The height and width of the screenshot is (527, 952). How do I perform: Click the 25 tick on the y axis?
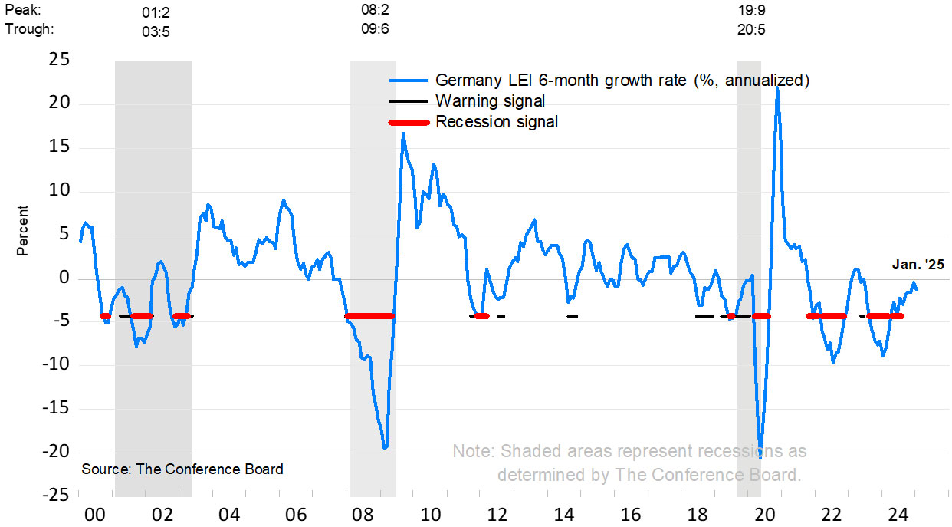pos(59,61)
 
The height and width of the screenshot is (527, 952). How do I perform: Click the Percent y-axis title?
pos(22,230)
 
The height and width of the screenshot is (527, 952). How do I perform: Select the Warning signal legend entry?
pos(491,100)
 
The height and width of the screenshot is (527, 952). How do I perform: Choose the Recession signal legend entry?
pos(497,121)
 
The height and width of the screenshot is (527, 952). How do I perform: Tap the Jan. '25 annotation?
pos(918,265)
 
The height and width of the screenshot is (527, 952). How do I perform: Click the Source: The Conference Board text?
pos(182,469)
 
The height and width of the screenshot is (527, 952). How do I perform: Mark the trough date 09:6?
pos(375,31)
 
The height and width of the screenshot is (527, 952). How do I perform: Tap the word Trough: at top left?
pos(28,31)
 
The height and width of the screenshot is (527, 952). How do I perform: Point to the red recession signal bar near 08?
pos(369,316)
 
